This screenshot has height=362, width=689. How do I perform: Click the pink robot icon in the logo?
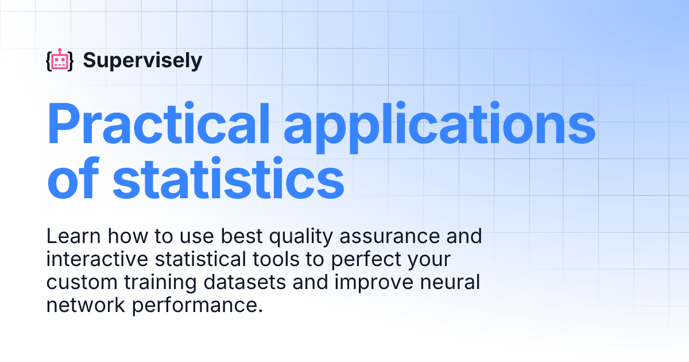pyautogui.click(x=60, y=60)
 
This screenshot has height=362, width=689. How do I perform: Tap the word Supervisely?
pyautogui.click(x=142, y=60)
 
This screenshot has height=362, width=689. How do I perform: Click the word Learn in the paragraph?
pyautogui.click(x=71, y=236)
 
